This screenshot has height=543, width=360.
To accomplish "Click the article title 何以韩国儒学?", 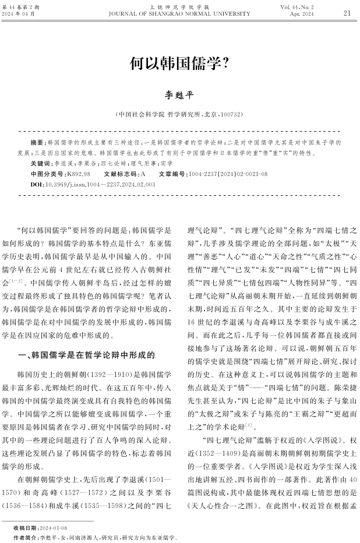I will pyautogui.click(x=179, y=63).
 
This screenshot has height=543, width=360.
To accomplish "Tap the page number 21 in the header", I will pyautogui.click(x=347, y=12).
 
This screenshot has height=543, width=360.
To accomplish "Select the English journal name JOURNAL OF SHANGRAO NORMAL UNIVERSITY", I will pyautogui.click(x=179, y=13).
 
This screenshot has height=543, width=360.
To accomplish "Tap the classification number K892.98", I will pyautogui.click(x=79, y=174).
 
